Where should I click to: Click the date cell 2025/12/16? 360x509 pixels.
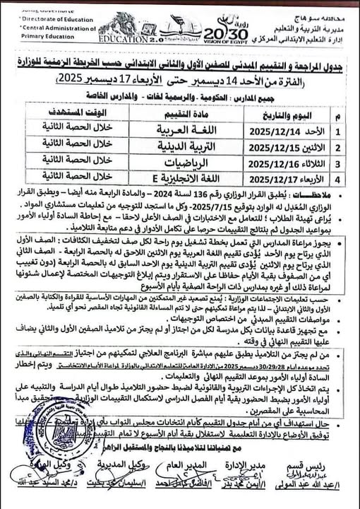click(x=260, y=163)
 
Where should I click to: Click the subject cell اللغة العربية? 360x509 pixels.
click(x=167, y=130)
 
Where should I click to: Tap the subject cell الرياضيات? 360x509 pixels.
click(x=167, y=163)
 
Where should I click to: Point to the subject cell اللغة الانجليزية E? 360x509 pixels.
click(x=167, y=179)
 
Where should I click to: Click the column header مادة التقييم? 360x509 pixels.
click(x=168, y=115)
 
